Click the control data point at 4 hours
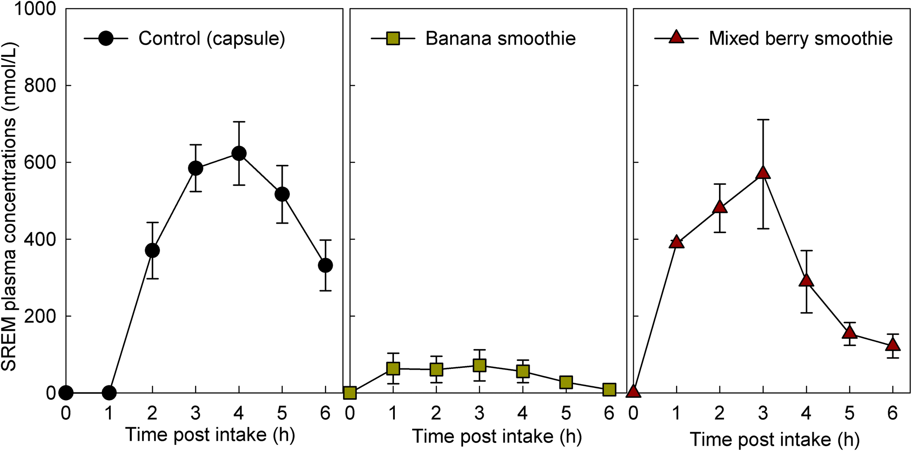(239, 154)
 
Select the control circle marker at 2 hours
(152, 251)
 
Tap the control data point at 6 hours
(325, 265)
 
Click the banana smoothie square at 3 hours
(479, 365)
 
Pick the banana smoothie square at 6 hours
(609, 389)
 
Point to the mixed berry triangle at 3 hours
(763, 173)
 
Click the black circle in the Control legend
(106, 38)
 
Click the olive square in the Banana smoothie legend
(393, 38)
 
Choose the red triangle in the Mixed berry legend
(677, 38)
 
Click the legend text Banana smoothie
(500, 38)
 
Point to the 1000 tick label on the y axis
(35, 9)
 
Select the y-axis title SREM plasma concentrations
(9, 206)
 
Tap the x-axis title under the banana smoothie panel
(497, 436)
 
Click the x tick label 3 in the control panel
(196, 413)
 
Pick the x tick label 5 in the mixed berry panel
(849, 413)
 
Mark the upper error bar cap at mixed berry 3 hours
(763, 120)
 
